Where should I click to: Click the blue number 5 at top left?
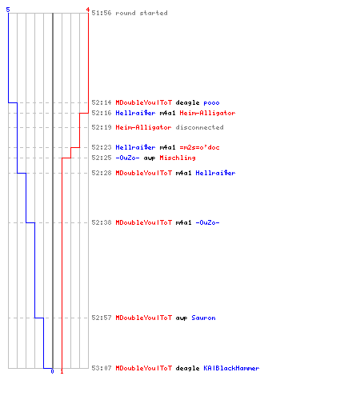(8, 10)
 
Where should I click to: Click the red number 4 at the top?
(88, 10)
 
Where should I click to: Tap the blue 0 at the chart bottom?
(52, 371)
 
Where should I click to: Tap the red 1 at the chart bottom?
(62, 371)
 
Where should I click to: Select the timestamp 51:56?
(102, 13)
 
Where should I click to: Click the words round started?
(142, 13)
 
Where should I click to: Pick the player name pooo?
(211, 102)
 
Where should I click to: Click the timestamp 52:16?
(102, 113)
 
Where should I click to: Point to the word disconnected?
(199, 127)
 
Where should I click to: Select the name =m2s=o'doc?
(199, 147)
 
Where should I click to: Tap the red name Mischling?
(178, 158)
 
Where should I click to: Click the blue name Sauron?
(203, 318)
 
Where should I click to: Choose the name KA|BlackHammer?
(231, 368)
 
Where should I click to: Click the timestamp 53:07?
(102, 368)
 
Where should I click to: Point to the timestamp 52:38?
(102, 222)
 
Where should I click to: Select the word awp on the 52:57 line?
(182, 318)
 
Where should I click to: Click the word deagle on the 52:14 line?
(187, 103)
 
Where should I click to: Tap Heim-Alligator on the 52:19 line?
(143, 127)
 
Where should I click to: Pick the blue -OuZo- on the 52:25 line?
(127, 158)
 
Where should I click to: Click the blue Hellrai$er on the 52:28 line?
(215, 173)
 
